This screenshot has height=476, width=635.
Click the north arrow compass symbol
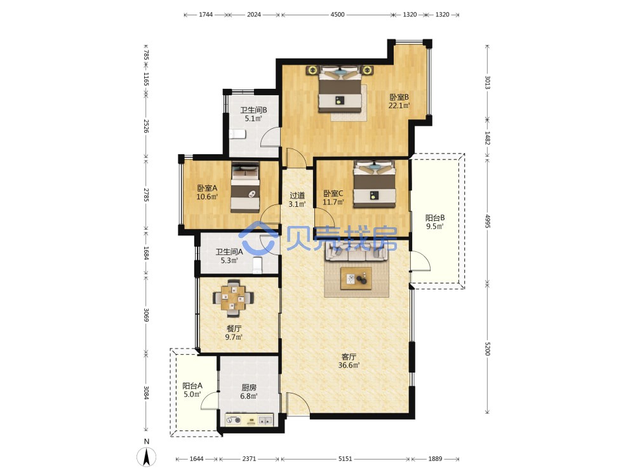[147, 457]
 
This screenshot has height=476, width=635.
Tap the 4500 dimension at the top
[337, 15]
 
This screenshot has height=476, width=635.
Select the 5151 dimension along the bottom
[345, 459]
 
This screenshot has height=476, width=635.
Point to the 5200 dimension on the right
[487, 348]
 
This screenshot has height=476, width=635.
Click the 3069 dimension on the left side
[146, 315]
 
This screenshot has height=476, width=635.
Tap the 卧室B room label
[399, 97]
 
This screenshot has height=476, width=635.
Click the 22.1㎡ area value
[399, 105]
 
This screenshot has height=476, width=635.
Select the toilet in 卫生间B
[237, 134]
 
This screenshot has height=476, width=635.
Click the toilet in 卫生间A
[258, 265]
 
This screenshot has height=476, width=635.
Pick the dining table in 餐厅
[233, 298]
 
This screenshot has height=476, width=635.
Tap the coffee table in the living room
[356, 279]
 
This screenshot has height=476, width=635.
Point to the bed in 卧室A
[245, 187]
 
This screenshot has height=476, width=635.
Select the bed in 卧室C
[374, 184]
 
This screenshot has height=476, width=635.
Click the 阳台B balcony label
[434, 218]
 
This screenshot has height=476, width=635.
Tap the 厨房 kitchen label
[249, 387]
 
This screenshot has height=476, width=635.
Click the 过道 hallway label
[297, 195]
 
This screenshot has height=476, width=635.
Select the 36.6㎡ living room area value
[349, 365]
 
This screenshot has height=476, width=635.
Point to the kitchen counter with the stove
[249, 420]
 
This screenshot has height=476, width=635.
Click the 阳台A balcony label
[192, 386]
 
